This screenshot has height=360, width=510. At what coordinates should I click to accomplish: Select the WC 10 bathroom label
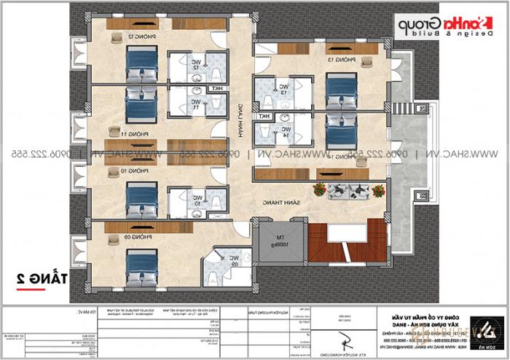(197, 200)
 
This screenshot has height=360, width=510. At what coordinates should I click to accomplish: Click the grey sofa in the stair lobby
(347, 192)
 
